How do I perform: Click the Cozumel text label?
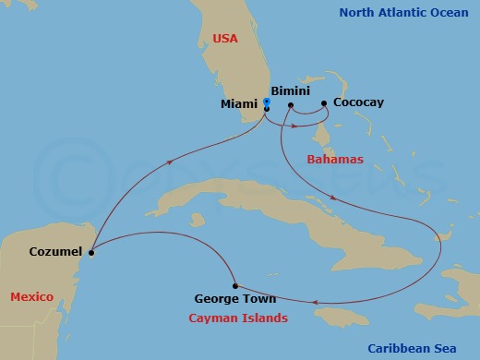(56, 251)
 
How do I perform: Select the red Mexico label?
(31, 296)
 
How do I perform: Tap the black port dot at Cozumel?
(91, 251)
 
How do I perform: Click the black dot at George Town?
(236, 285)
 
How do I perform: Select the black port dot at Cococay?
(324, 103)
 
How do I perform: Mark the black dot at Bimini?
(290, 105)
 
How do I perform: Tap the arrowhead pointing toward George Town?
(317, 301)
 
